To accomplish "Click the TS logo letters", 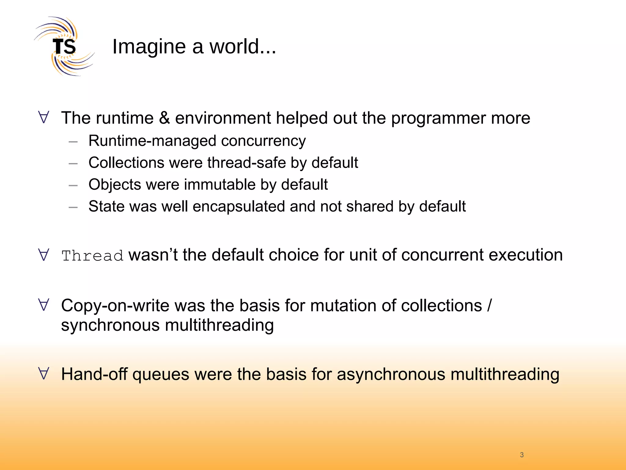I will (x=64, y=47).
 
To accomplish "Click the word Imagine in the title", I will (x=149, y=47).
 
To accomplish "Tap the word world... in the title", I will (x=243, y=47).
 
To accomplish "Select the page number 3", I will (x=522, y=455).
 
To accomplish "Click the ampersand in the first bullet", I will (x=164, y=118).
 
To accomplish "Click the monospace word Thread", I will (x=92, y=256).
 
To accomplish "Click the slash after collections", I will (x=490, y=305).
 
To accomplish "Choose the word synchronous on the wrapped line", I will (x=110, y=325).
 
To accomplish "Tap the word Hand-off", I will (x=94, y=374).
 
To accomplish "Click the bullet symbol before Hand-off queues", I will (x=44, y=374).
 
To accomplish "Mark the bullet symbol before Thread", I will (x=44, y=255).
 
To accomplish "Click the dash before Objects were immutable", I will (x=73, y=185).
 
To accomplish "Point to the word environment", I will (x=223, y=118).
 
